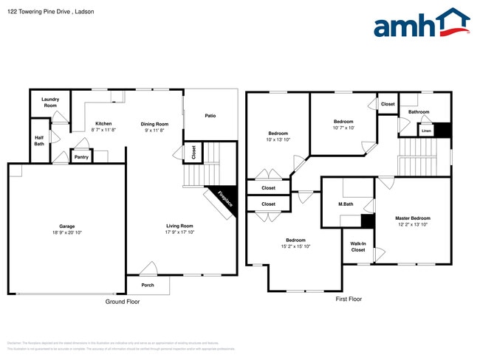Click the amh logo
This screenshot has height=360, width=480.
[x=422, y=24]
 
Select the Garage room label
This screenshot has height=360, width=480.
[x=67, y=226]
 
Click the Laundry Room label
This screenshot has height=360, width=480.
[x=50, y=103]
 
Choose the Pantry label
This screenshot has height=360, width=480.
[x=81, y=157]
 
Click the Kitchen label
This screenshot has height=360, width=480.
[x=103, y=123]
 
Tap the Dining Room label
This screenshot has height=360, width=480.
[x=155, y=124]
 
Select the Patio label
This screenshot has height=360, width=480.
[x=210, y=115]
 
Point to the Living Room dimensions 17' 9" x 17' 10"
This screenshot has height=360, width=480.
[x=179, y=232]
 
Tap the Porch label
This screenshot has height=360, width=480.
[x=148, y=284]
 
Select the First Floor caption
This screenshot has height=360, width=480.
[x=349, y=299]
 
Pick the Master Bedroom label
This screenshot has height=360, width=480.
[x=412, y=218]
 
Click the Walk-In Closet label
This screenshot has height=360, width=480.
[x=358, y=247]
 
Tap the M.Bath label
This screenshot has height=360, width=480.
[x=346, y=204]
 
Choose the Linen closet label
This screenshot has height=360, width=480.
[x=426, y=131]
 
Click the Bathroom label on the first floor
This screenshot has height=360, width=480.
[x=418, y=112]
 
